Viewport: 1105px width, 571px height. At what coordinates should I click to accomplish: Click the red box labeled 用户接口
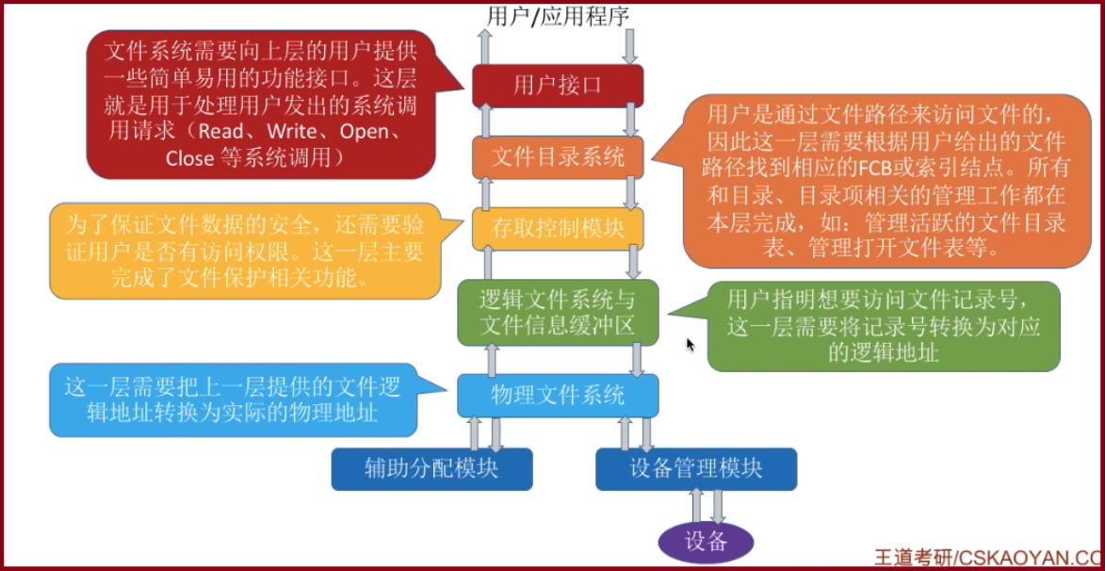point(558,86)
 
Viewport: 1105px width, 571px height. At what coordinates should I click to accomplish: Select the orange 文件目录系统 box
point(558,157)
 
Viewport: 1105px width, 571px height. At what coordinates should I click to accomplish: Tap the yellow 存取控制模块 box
point(558,228)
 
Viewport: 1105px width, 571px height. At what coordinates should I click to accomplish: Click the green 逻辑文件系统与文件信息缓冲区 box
point(558,313)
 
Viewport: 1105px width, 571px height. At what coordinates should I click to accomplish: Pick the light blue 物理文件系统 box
point(558,395)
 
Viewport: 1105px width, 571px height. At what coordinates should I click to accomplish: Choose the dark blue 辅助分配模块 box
point(431,468)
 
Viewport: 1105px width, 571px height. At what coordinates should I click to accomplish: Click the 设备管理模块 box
point(696,468)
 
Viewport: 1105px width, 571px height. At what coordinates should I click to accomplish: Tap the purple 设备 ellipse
point(706,541)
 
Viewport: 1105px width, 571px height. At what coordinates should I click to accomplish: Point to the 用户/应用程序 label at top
point(558,14)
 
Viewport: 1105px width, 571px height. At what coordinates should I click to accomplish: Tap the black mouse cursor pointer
point(690,345)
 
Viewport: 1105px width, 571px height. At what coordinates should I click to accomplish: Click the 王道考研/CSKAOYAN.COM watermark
point(988,556)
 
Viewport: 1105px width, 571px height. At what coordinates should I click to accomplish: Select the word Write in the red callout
point(291,131)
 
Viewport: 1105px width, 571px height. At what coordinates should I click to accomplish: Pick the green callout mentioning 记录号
point(883,325)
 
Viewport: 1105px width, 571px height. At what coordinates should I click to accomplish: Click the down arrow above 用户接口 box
point(630,44)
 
